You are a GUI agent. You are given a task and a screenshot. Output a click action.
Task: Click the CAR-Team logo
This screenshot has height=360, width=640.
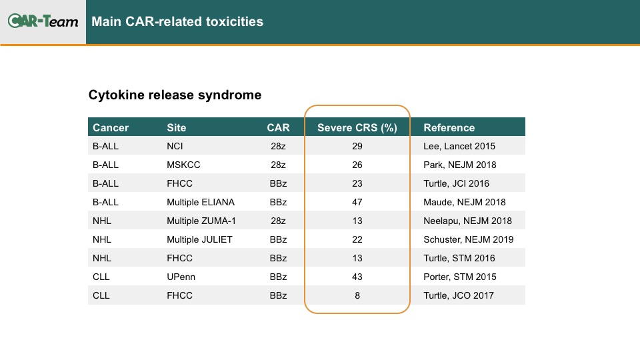click(43, 21)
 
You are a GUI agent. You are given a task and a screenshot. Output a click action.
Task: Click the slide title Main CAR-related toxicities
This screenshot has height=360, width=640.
click(177, 21)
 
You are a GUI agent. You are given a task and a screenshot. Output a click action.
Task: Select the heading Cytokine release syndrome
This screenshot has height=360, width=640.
click(175, 95)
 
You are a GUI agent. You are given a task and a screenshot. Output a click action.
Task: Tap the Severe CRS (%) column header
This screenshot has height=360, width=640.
click(357, 128)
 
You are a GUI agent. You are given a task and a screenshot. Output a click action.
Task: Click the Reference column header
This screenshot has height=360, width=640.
click(449, 128)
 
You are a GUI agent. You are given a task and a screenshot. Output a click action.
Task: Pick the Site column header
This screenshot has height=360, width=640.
click(176, 128)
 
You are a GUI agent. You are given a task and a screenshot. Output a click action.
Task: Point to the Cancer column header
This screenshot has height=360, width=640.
click(111, 128)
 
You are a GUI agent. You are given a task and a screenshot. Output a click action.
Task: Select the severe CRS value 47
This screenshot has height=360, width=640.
click(357, 202)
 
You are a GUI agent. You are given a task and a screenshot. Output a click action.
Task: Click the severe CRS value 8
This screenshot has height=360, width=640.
click(357, 295)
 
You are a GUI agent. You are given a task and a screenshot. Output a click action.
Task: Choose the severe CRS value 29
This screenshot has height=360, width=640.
click(357, 146)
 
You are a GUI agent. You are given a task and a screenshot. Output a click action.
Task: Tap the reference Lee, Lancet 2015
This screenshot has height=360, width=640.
click(459, 146)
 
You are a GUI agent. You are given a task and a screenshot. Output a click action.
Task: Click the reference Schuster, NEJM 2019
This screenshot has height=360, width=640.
click(468, 239)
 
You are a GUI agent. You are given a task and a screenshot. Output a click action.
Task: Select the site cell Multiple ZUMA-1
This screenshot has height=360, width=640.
click(201, 221)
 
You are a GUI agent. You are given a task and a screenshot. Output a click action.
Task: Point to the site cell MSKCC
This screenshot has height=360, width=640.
click(183, 165)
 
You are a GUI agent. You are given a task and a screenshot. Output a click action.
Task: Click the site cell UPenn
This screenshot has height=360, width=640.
click(181, 277)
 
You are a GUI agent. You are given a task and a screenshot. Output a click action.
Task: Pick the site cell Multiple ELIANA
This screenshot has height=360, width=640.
click(201, 202)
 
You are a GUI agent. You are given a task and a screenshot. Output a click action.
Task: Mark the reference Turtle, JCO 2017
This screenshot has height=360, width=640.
click(459, 295)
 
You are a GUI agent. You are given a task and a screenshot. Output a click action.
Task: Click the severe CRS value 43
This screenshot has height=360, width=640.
click(357, 277)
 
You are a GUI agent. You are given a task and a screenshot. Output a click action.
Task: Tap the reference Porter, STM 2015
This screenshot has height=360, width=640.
click(459, 277)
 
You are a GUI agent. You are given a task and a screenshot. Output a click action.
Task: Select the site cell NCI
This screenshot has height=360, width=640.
click(175, 146)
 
